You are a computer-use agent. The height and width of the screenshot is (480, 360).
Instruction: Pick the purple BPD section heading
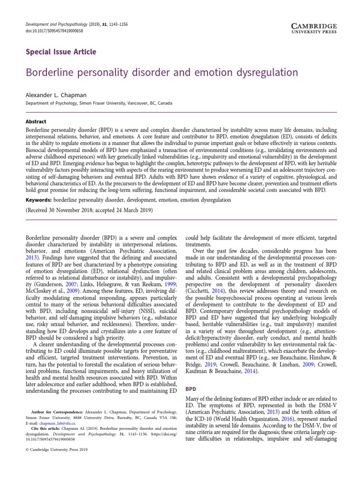coord(191,389)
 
